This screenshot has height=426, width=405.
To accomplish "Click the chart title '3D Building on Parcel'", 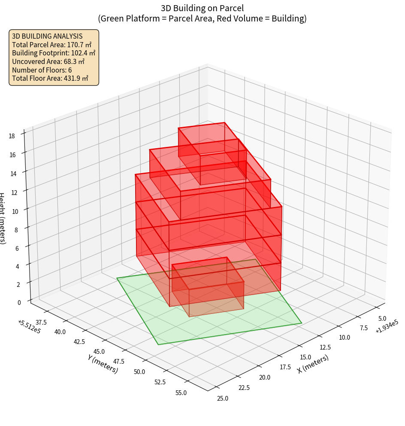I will tap(202, 8).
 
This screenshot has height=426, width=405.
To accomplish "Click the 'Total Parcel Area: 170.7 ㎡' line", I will tap(51, 45).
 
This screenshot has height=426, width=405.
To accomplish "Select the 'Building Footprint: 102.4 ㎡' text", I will tap(54, 53).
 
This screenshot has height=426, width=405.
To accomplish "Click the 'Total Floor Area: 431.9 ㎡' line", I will tap(50, 78).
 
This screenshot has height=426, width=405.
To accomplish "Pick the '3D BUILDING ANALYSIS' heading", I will tap(47, 36).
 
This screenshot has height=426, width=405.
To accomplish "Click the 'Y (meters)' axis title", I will tap(103, 363).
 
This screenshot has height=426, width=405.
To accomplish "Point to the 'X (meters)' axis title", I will tap(313, 363).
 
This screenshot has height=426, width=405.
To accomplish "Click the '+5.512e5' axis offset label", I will tap(30, 327).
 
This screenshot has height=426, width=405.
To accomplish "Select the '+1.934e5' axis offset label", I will tap(387, 326).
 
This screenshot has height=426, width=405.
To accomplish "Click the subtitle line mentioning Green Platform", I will tap(202, 18).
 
